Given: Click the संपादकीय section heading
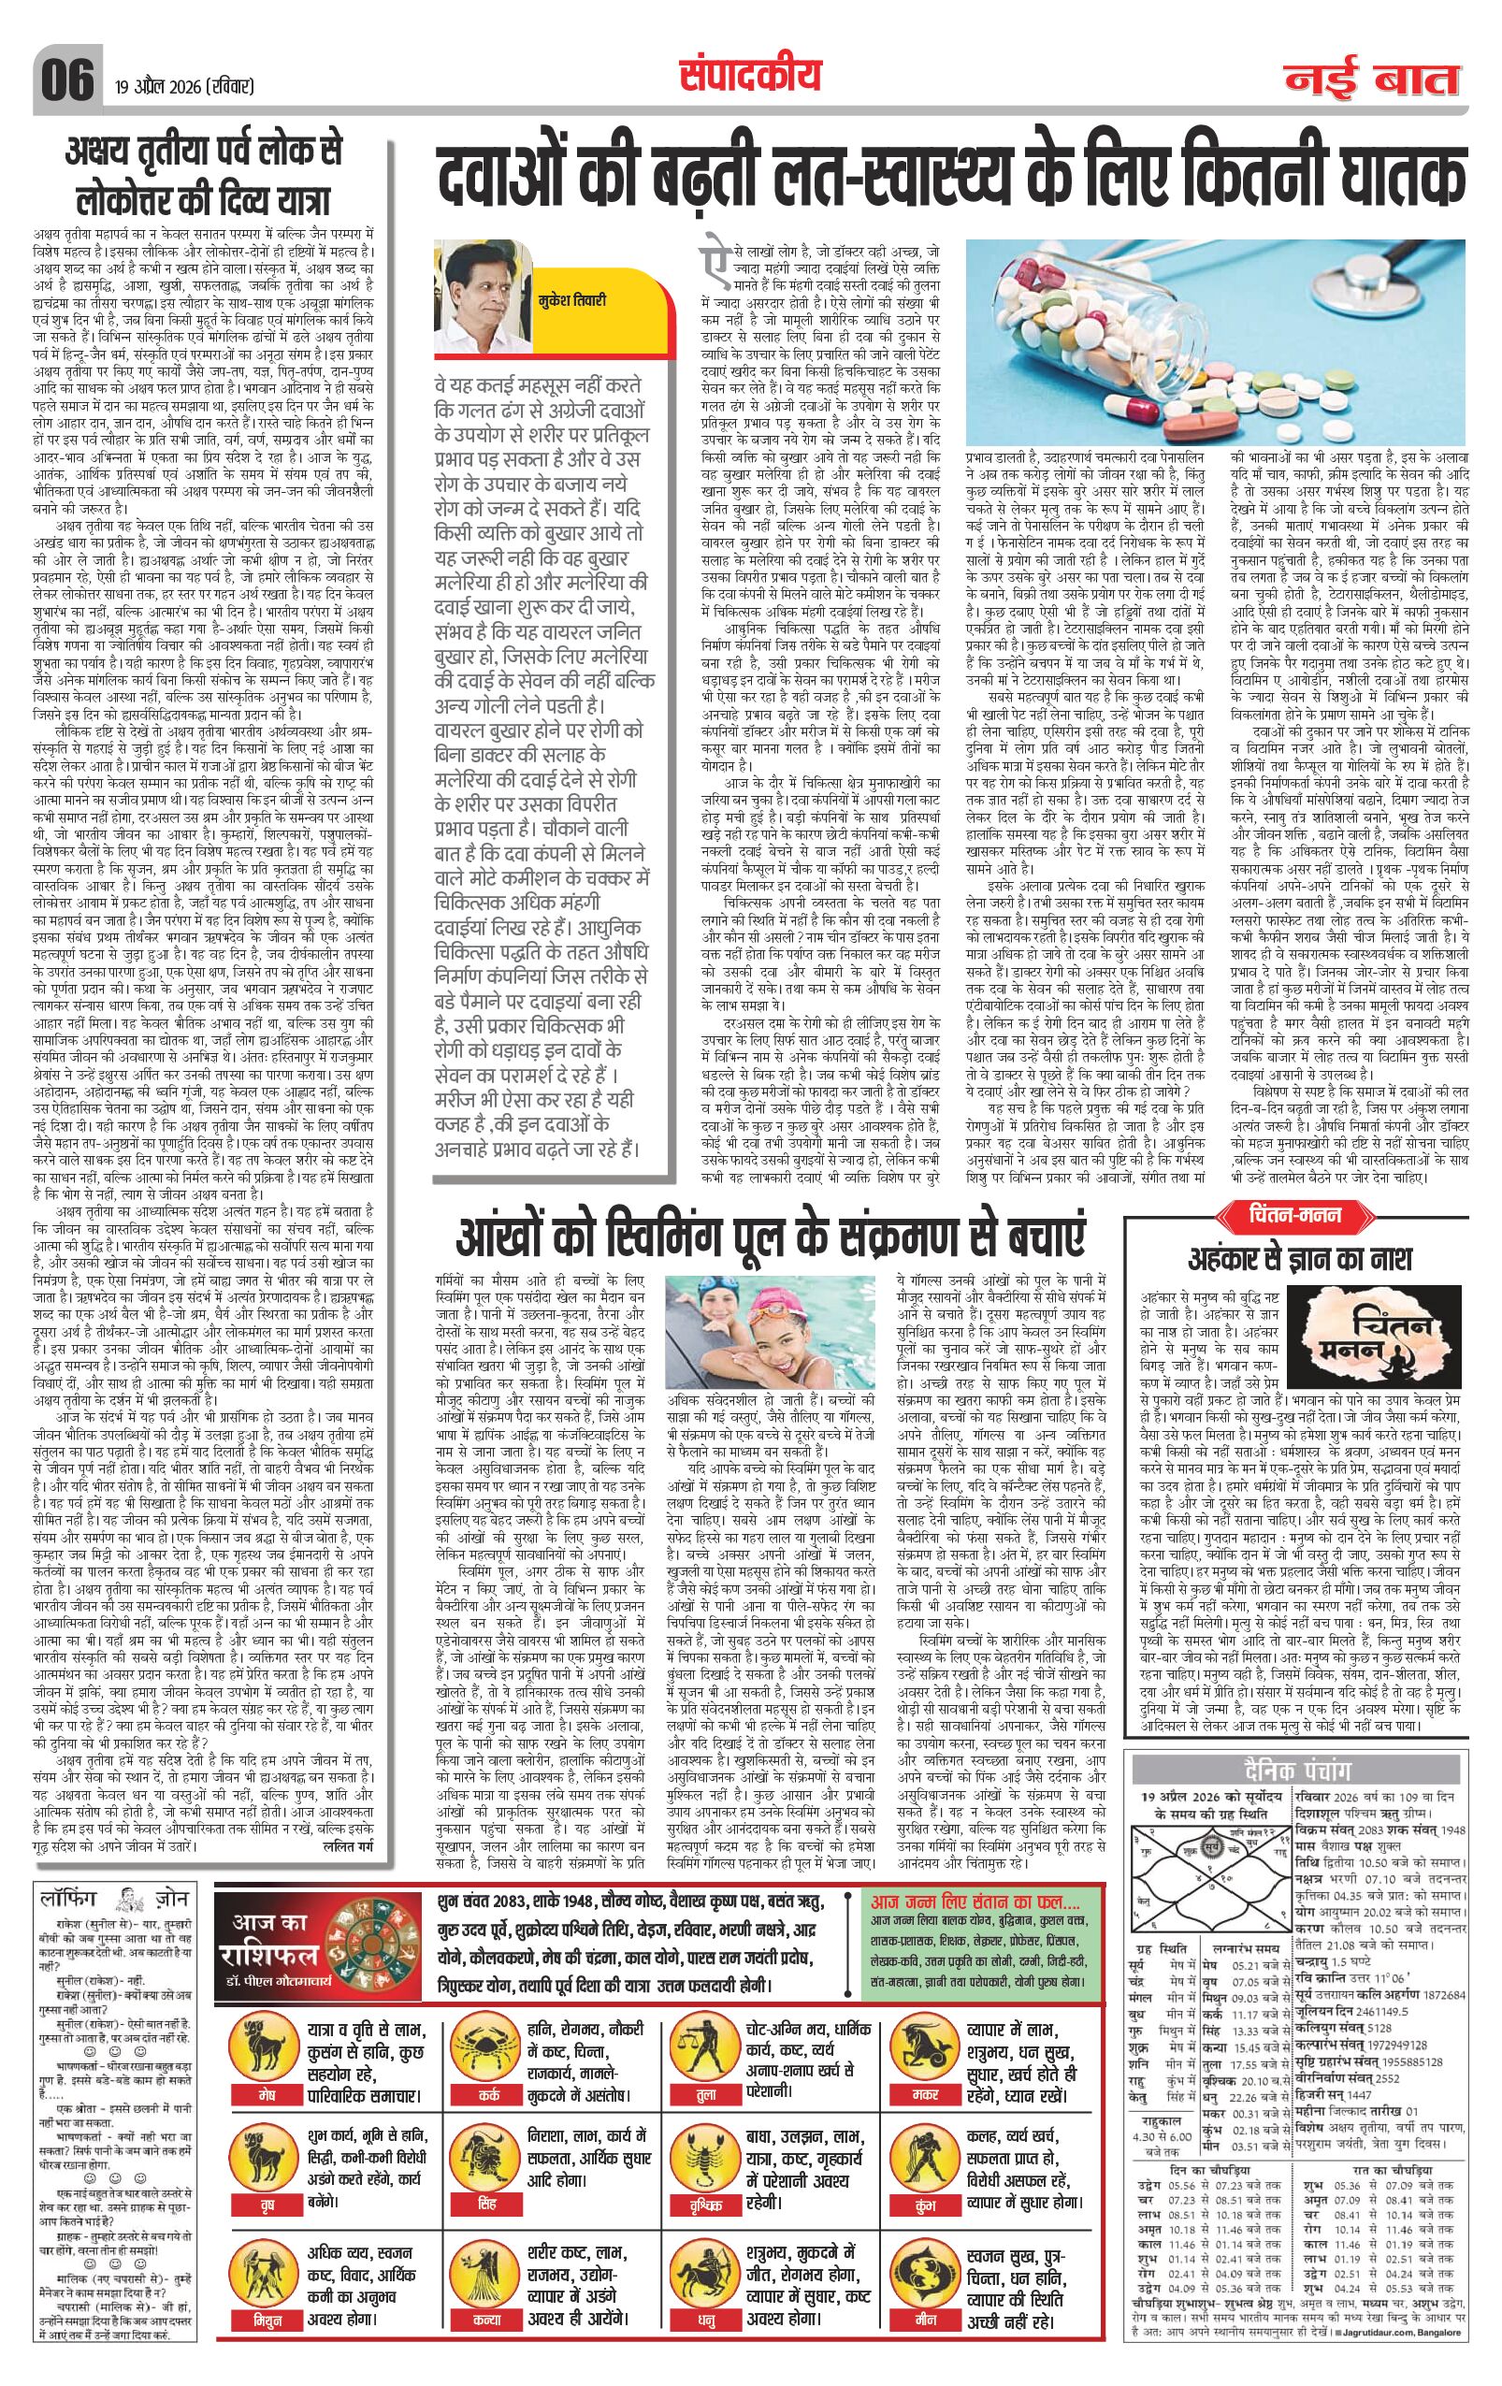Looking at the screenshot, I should pyautogui.click(x=750, y=74).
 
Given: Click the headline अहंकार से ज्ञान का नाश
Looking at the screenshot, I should pyautogui.click(x=1300, y=1258).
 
